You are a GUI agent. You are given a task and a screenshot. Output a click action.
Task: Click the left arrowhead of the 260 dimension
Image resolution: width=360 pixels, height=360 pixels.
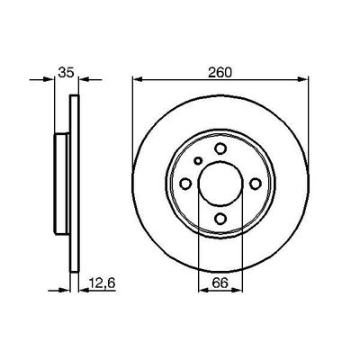pos(138,81)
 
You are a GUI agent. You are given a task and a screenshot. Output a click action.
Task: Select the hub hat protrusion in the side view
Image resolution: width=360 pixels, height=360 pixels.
pos(60,184)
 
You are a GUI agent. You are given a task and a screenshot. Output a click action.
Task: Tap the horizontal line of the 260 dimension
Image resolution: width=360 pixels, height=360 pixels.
pos(180,81)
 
